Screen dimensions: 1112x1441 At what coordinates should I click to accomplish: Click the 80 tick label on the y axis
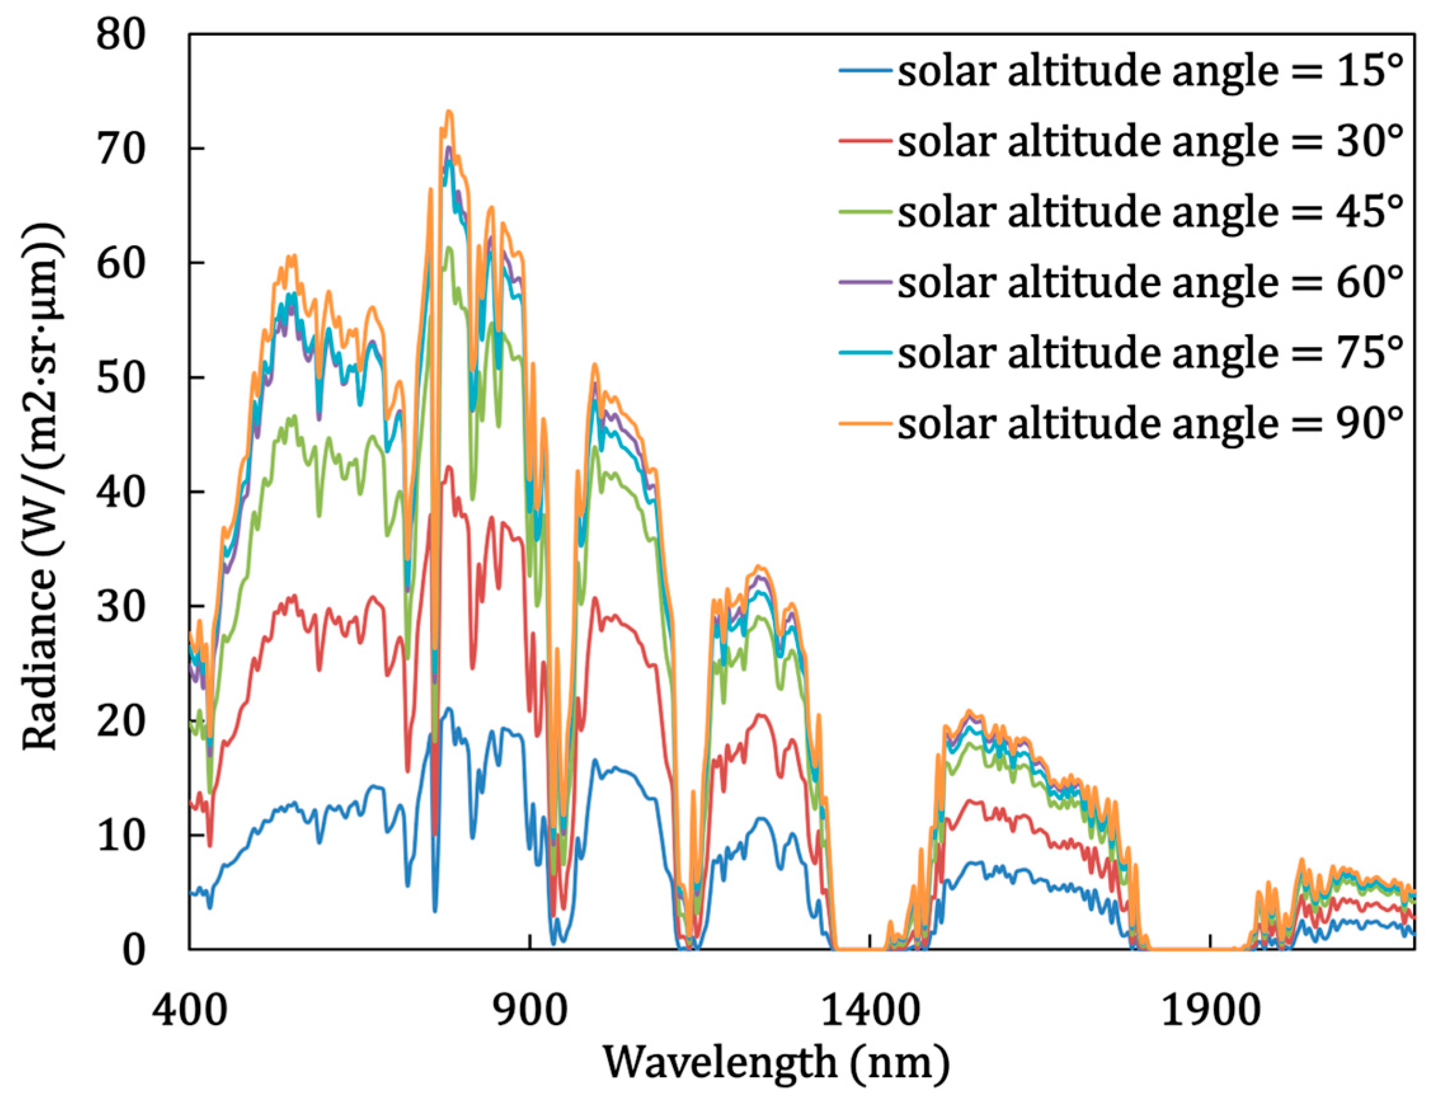[x=120, y=34]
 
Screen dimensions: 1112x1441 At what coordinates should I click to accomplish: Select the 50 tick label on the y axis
[x=120, y=378]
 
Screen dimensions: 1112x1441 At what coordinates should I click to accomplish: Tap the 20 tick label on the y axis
[x=120, y=722]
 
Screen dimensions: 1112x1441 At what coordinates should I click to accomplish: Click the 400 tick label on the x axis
[x=190, y=1010]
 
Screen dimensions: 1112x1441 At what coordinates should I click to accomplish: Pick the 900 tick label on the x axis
[x=531, y=1010]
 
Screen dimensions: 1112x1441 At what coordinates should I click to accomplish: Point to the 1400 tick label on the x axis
[x=870, y=1010]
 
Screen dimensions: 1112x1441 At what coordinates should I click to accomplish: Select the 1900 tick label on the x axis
[x=1211, y=1010]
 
